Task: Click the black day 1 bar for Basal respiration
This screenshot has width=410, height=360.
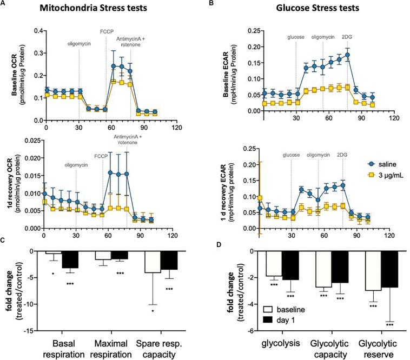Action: (x=70, y=259)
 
